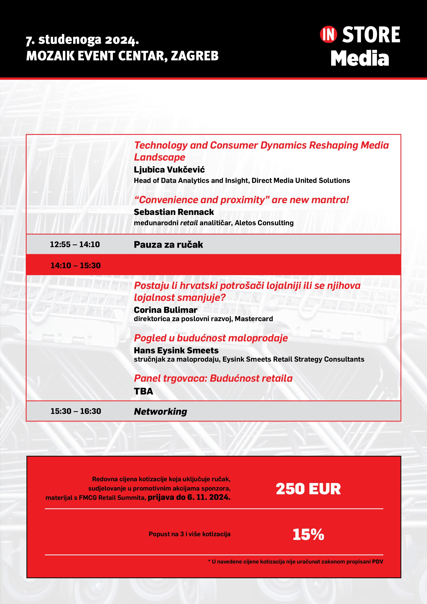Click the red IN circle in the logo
coord(328,35)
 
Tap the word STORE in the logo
coord(371,35)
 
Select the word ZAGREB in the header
coord(195,56)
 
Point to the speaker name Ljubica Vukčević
coord(169,170)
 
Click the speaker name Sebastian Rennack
coord(174,212)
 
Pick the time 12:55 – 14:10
coord(75,244)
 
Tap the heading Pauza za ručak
coord(168,245)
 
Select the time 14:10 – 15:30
coord(75,266)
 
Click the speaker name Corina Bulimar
coord(165,310)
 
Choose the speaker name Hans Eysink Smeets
coord(176,350)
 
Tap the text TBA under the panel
coord(143,391)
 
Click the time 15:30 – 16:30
coord(76,411)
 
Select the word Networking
coord(160,411)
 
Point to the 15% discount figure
coord(308,535)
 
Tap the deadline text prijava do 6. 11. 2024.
coord(189,497)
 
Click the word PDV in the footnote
coord(378,562)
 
